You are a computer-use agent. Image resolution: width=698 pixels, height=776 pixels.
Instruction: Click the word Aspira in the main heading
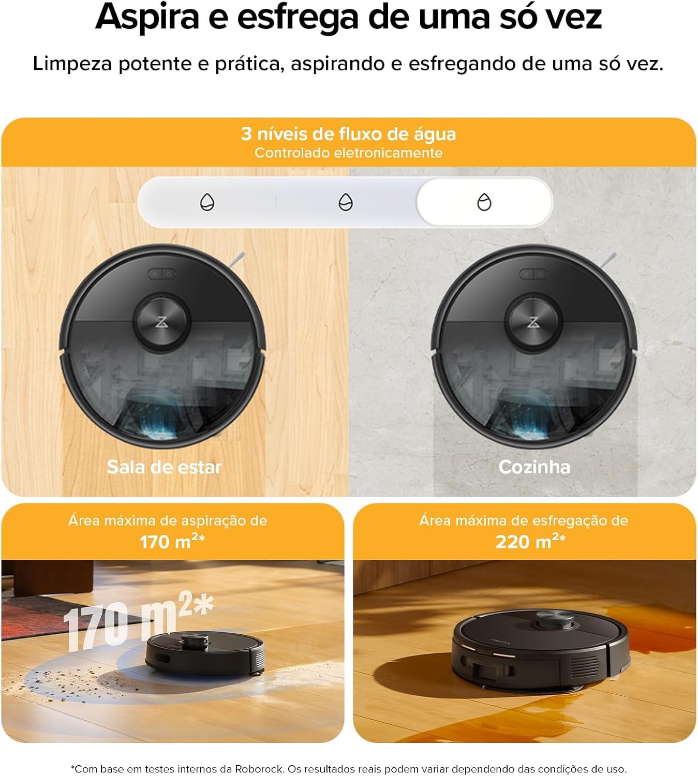pos(147,18)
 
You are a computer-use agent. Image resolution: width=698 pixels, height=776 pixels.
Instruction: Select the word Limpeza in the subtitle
pos(72,64)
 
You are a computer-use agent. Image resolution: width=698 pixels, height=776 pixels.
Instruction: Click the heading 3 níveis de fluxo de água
pos(348,134)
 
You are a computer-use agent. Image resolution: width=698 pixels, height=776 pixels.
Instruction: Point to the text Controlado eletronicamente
pos(348,153)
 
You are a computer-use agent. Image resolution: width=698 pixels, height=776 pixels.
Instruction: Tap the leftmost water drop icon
pos(207,202)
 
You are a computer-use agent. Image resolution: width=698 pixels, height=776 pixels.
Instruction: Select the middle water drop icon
pos(346,202)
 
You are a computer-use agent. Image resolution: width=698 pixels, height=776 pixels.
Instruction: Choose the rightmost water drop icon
pos(484,202)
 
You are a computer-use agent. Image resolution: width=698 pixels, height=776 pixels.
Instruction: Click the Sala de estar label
pos(164,467)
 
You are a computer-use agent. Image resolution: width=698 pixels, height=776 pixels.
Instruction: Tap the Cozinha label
pos(534,467)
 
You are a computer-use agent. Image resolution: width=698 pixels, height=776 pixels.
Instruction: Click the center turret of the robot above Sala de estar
pos(161,321)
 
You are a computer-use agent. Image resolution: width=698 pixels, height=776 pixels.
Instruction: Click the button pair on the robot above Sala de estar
pos(162,274)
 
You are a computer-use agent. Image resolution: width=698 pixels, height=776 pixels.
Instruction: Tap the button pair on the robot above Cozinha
pos(533,274)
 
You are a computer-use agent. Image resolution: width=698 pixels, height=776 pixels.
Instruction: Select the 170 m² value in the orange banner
pos(172,541)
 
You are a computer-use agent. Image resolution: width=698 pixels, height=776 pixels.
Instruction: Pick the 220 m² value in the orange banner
pos(530,541)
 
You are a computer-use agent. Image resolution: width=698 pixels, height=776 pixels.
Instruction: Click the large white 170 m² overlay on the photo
pos(138,621)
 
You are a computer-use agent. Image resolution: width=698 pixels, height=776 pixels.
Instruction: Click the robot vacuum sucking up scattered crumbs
pos(205,653)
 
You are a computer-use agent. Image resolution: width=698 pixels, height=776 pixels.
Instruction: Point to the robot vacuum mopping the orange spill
pos(541,650)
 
